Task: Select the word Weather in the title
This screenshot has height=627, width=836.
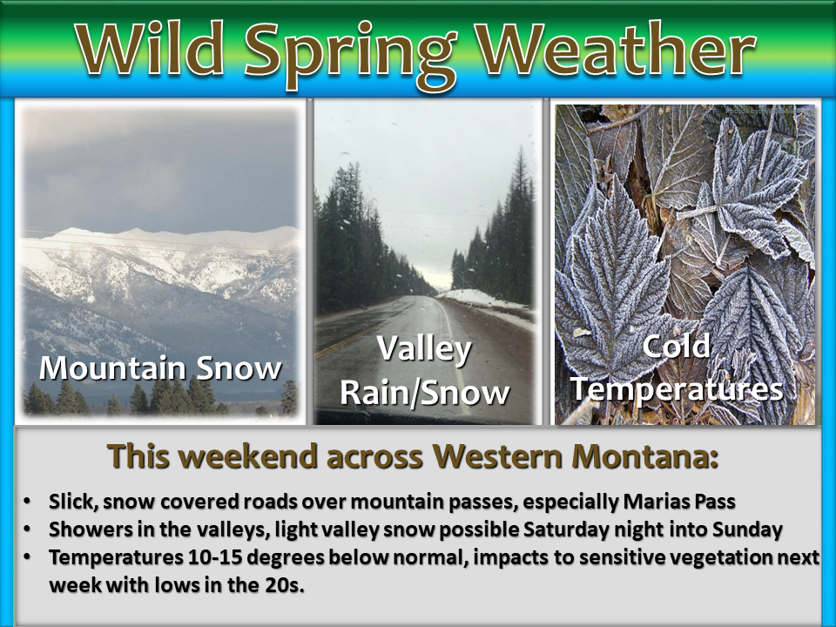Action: (616, 50)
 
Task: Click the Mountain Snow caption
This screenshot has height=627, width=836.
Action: (160, 367)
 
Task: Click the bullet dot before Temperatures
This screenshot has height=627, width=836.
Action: (27, 557)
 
